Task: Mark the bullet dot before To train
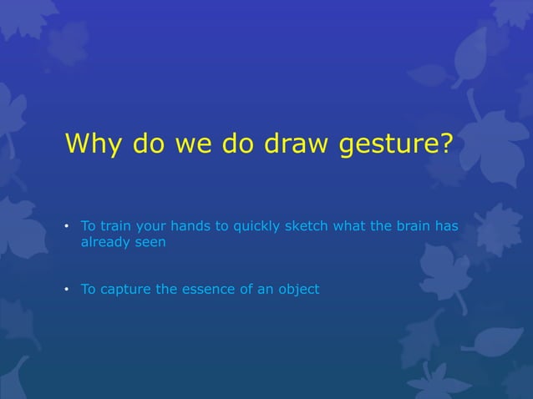pyautogui.click(x=68, y=227)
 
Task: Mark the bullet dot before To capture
pyautogui.click(x=68, y=290)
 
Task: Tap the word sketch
pyautogui.click(x=308, y=226)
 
